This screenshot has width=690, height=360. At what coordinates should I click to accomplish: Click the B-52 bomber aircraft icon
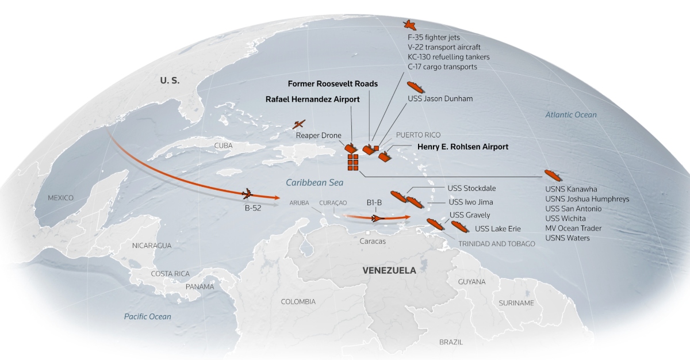tap(248, 194)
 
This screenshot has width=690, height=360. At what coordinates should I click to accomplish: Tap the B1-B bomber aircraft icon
tap(377, 218)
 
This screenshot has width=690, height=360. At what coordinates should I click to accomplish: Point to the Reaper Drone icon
tap(299, 124)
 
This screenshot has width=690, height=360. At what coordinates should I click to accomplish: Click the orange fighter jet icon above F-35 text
tap(409, 24)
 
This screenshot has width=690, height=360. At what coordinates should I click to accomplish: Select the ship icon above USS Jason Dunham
tap(415, 87)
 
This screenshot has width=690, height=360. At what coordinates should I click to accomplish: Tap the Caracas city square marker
tap(366, 232)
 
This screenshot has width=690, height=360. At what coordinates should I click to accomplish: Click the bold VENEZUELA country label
tap(389, 270)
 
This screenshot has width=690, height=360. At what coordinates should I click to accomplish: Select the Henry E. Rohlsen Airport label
tap(462, 147)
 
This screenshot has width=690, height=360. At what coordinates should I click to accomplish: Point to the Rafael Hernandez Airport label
tap(312, 99)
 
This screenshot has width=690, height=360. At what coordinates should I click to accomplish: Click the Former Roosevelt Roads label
tap(332, 83)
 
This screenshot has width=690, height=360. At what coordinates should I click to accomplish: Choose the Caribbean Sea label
tap(315, 183)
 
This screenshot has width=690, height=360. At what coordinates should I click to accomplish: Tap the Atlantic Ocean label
tap(571, 114)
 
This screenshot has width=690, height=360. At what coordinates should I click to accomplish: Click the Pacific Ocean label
tap(148, 316)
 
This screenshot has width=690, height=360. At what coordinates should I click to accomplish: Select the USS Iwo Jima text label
tap(470, 202)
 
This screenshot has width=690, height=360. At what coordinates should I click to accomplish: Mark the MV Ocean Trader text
tap(573, 228)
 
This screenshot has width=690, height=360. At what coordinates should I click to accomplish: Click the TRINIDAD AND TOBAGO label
tap(497, 244)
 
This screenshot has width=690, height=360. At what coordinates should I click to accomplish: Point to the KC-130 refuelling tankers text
tap(448, 57)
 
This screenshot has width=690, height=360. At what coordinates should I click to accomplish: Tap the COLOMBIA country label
tap(298, 301)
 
